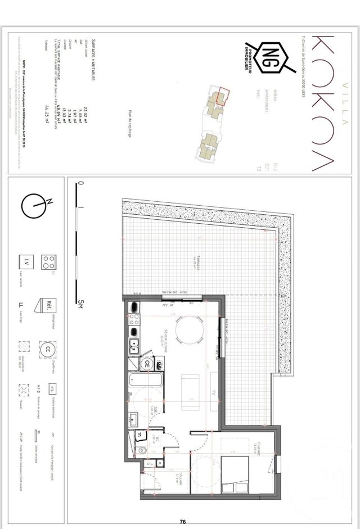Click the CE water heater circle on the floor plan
pos(147,364)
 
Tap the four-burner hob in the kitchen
pos(135,320)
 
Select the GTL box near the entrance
pos(149,464)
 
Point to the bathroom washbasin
pos(134,419)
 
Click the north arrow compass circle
pos(33,205)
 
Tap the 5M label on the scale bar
pos(80,304)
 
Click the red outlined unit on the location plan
pos(224,96)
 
